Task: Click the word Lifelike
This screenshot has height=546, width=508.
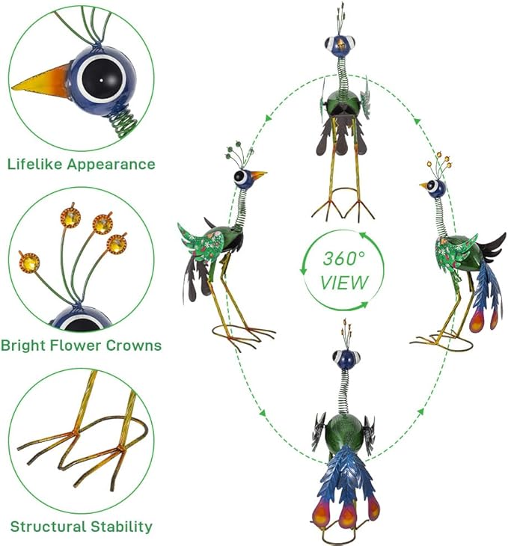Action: click(36, 164)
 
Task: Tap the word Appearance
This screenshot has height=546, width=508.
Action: click(111, 165)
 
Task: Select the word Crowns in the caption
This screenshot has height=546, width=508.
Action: click(134, 346)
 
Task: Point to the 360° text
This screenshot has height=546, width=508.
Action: click(343, 259)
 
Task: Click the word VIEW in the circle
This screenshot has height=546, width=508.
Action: click(344, 283)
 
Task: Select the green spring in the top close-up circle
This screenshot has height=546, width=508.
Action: click(122, 123)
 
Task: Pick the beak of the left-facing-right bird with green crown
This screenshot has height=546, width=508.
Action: click(259, 174)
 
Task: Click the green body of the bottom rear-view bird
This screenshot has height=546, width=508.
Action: click(343, 431)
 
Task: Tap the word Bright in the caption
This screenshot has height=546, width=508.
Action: click(23, 346)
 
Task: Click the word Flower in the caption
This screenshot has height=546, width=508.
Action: click(76, 346)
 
